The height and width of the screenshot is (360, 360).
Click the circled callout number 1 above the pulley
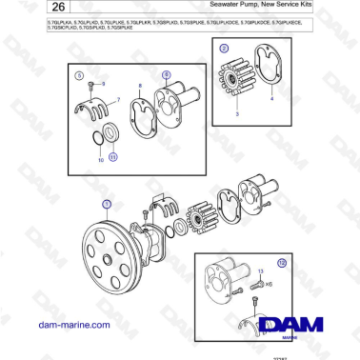point(106,204)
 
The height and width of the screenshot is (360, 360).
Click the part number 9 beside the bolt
point(103,85)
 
